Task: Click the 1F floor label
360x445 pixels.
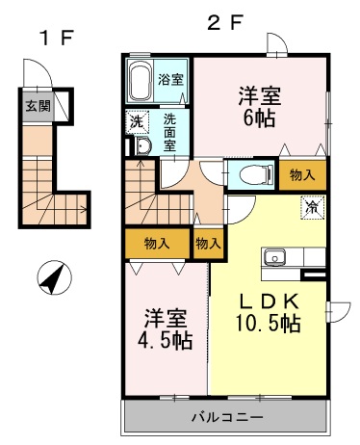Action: [57, 38]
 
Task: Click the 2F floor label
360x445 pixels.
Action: [224, 22]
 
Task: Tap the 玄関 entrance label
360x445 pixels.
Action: [38, 106]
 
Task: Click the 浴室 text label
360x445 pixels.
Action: [170, 79]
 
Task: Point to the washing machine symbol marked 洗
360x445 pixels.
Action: [138, 121]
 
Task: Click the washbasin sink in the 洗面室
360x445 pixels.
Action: [142, 147]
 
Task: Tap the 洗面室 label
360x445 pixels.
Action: [169, 132]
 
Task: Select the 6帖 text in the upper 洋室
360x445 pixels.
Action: [259, 118]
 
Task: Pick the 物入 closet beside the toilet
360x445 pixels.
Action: [302, 175]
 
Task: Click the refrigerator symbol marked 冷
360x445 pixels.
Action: [313, 207]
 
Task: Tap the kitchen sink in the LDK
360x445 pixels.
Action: [275, 257]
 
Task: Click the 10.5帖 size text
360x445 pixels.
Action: [269, 324]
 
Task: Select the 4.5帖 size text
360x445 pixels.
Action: [166, 341]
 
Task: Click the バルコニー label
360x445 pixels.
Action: [227, 417]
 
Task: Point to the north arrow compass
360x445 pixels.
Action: [54, 277]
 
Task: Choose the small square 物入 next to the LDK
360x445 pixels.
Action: [209, 244]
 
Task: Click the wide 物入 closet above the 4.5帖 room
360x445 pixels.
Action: [157, 244]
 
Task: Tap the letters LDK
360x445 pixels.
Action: [270, 301]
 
